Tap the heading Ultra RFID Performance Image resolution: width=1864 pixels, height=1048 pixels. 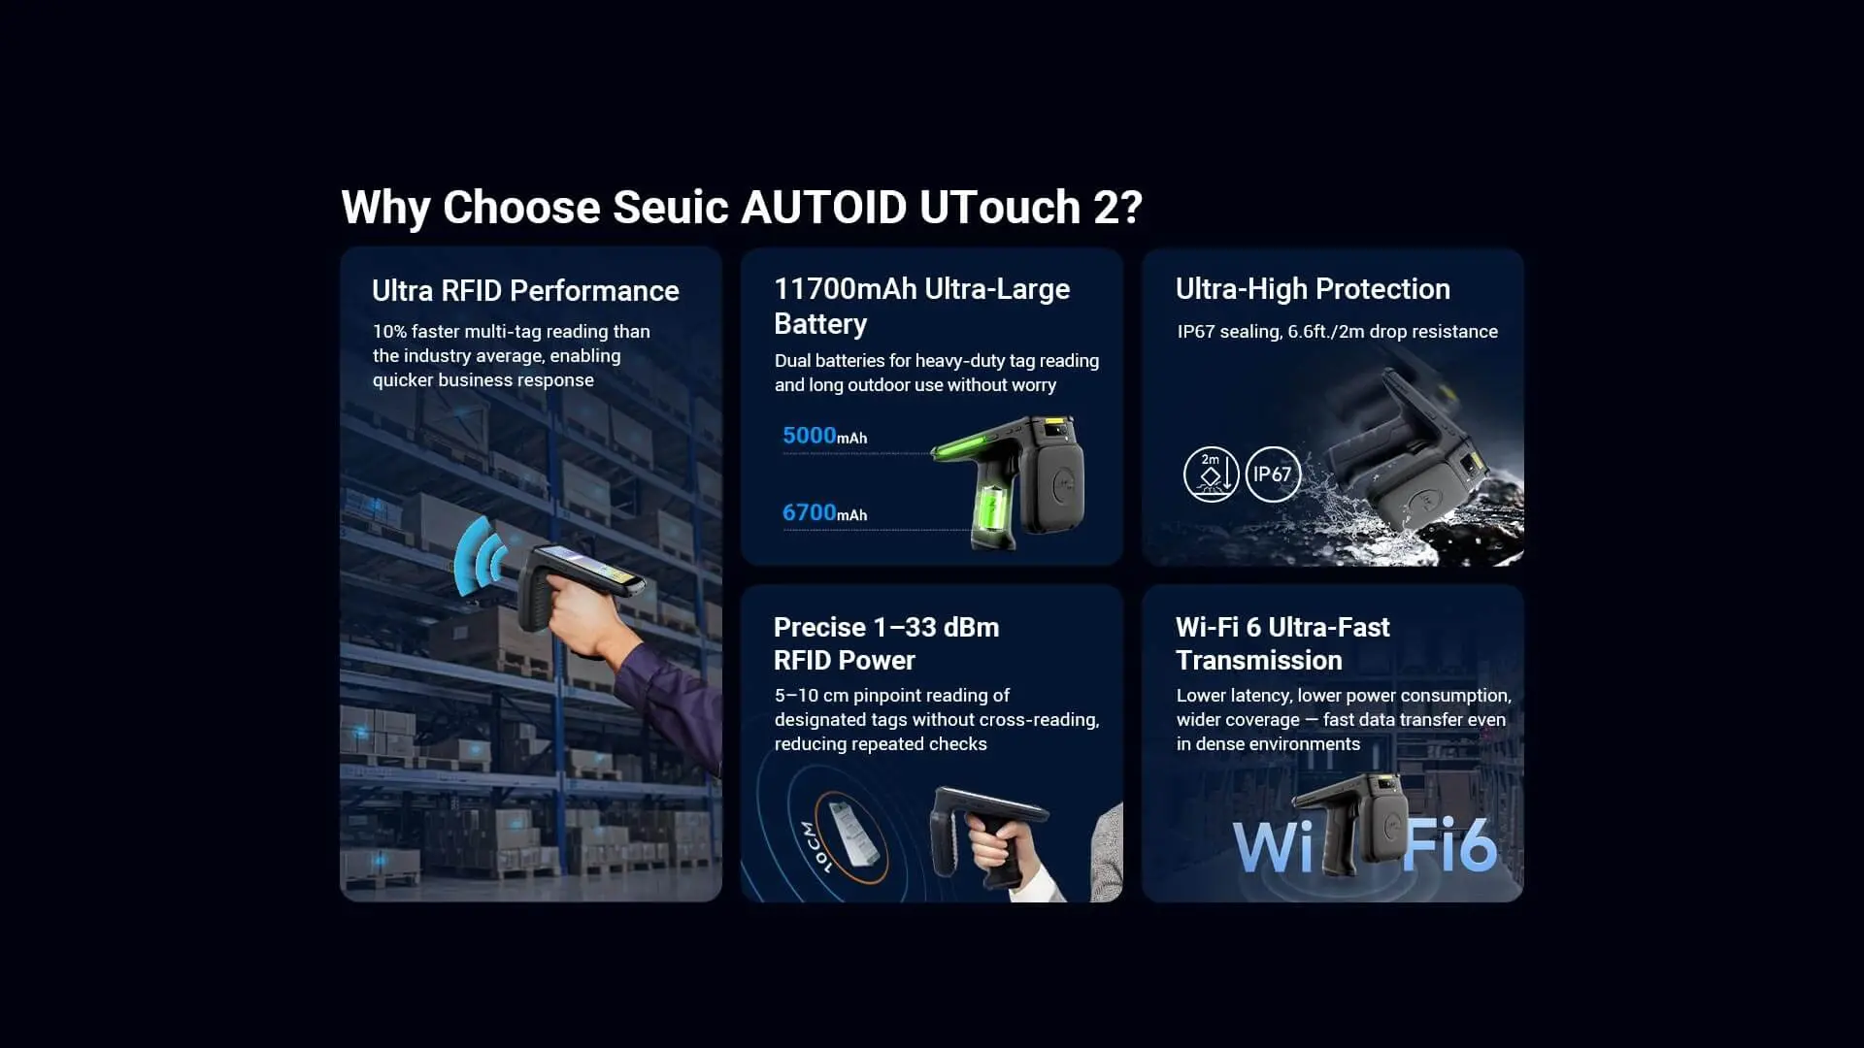[525, 290]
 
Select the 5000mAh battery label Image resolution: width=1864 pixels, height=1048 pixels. [824, 436]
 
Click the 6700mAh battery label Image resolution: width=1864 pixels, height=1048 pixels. [824, 512]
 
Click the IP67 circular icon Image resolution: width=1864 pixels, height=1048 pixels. [1272, 475]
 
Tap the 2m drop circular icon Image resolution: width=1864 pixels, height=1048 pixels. [1211, 475]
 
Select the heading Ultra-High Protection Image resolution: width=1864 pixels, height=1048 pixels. [1313, 288]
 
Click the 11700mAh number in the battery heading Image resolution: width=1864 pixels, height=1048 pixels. [845, 288]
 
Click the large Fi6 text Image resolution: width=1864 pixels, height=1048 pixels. [1449, 845]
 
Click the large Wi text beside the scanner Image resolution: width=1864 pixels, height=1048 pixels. [1273, 847]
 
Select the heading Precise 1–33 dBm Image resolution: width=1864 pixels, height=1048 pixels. [885, 627]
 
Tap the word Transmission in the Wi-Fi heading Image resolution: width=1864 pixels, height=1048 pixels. [1258, 660]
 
